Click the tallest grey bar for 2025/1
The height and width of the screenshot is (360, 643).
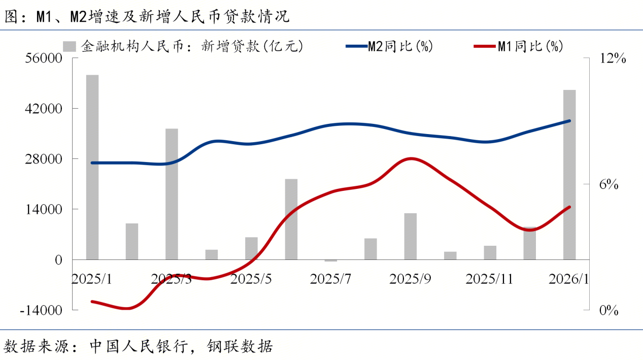[92, 167]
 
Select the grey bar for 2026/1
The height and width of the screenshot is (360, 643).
[569, 175]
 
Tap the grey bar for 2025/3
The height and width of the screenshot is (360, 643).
[172, 194]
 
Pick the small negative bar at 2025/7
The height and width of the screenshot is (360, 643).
[331, 260]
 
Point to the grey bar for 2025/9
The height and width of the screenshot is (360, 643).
[410, 236]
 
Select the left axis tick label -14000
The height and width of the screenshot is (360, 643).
[41, 310]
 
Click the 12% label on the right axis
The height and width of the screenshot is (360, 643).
[613, 59]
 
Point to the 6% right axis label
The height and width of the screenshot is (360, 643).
[608, 184]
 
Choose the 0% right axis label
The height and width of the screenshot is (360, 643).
[608, 310]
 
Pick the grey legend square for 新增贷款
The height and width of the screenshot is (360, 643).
[69, 47]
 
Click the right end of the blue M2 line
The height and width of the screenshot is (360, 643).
[569, 121]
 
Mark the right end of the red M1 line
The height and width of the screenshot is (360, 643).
[569, 207]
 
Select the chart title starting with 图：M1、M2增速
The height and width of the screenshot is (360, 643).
[147, 16]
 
